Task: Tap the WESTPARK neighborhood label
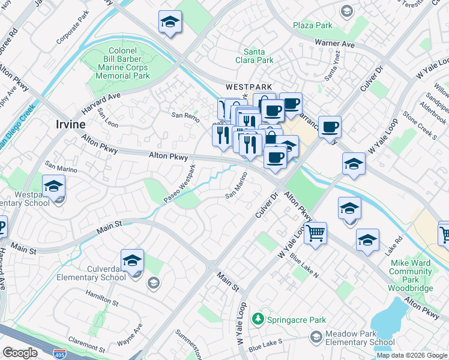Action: coord(249,87)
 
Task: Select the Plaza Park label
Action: coord(312,26)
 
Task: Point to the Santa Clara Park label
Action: coord(258,56)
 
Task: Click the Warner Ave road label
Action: coord(335,44)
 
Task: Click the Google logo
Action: coord(20,353)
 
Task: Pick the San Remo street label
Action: coord(185,115)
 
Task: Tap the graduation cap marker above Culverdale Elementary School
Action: coord(132,261)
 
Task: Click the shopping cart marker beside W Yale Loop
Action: coord(315,233)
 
